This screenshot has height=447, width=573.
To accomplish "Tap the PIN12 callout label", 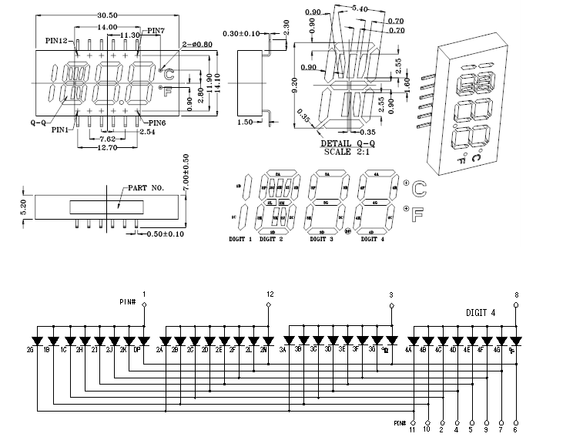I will point(59,40).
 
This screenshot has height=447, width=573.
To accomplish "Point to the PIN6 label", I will point(156,123).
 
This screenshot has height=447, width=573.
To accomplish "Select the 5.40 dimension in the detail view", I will point(359,8).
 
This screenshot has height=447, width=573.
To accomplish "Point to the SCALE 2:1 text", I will point(347,151).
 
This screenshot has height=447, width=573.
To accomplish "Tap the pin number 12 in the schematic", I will point(269,294).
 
